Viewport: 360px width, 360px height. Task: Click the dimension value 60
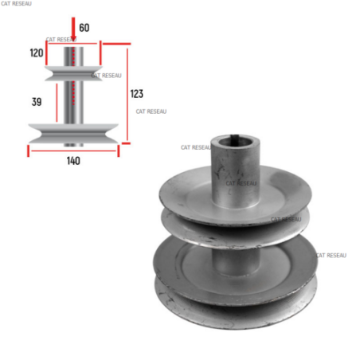click(84, 28)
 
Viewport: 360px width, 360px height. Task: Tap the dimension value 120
click(37, 53)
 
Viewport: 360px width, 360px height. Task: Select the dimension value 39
click(37, 102)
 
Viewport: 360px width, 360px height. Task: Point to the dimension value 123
click(137, 94)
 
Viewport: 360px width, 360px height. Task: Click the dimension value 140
click(73, 161)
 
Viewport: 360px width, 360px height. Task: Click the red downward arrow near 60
click(73, 29)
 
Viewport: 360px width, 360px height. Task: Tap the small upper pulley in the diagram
click(73, 73)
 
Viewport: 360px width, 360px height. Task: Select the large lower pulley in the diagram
click(73, 134)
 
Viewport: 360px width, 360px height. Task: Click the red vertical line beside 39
click(57, 103)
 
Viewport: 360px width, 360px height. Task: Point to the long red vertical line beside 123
click(127, 95)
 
